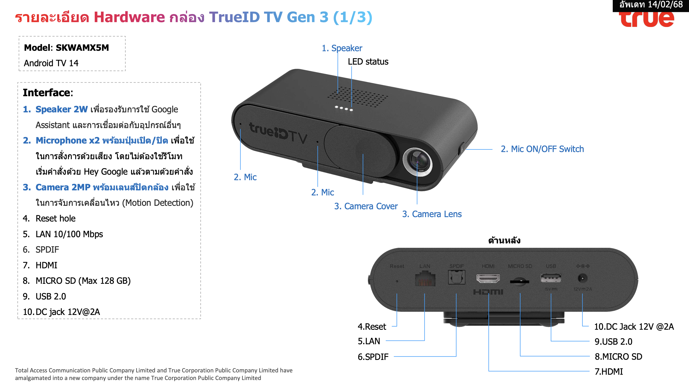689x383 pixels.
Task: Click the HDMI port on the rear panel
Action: coord(488,278)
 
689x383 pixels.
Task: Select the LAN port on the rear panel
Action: coord(425,279)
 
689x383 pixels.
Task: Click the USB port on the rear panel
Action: coord(551,278)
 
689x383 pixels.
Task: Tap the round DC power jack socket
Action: coord(583,278)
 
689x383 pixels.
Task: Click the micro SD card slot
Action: coord(519,281)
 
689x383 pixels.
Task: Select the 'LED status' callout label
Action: coord(368,62)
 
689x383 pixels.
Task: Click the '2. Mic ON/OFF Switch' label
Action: coord(542,149)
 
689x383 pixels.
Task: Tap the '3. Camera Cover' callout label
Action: coord(366,206)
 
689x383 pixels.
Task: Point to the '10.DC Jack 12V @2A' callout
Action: coord(634,327)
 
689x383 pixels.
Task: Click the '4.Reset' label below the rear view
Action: coord(372,327)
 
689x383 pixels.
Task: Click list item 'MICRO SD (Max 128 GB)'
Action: coord(83,281)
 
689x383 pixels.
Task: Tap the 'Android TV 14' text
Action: coord(51,63)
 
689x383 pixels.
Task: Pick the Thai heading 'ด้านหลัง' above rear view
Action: coord(504,240)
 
